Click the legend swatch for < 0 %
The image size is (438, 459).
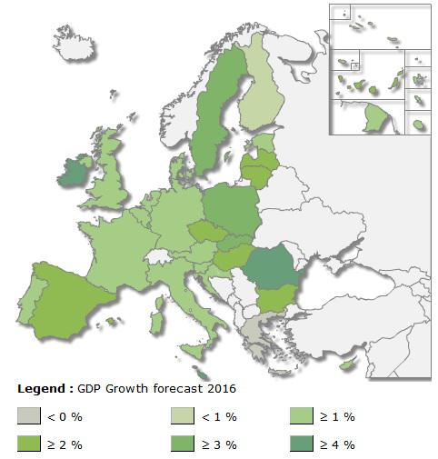pos(28,416)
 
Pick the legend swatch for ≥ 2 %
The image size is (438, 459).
pos(28,444)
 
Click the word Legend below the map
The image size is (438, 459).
pos(40,388)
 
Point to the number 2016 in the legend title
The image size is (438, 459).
pos(221,388)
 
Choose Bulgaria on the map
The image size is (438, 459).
pos(274,298)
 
